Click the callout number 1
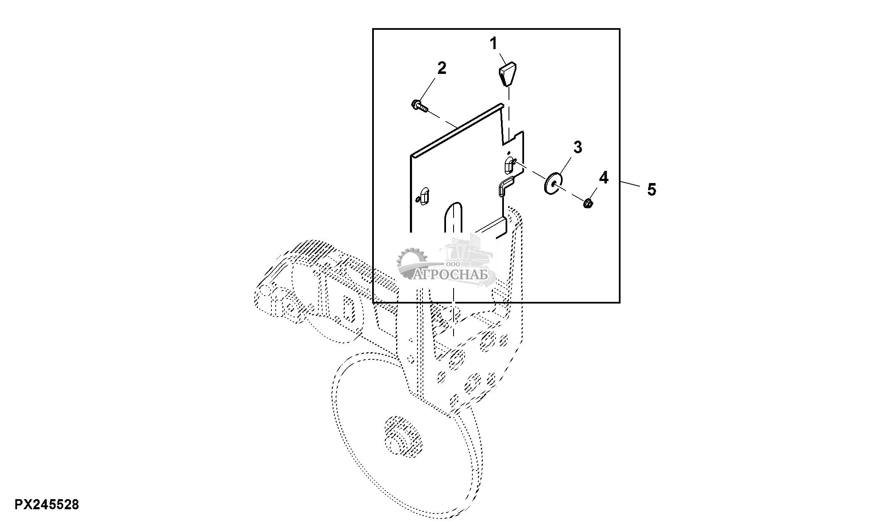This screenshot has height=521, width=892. coord(494,44)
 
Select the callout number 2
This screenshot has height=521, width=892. coord(442,68)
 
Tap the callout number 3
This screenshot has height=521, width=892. coord(578,147)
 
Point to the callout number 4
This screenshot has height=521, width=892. coord(603,178)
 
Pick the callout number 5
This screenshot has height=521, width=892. coord(651,190)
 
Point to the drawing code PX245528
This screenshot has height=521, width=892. coord(47,504)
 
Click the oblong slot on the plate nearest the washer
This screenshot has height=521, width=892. coord(508,167)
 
